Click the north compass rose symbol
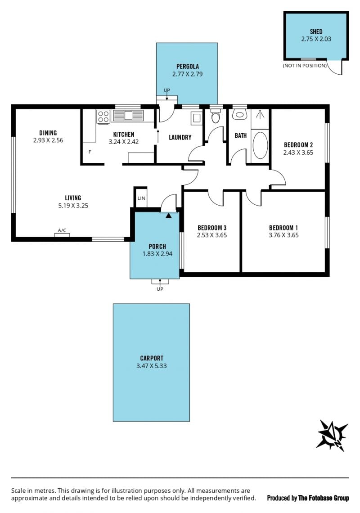pyautogui.click(x=332, y=436)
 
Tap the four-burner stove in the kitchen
pyautogui.click(x=103, y=117)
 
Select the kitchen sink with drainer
pyautogui.click(x=128, y=116)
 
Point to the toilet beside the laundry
pyautogui.click(x=216, y=116)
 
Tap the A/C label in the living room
pyautogui.click(x=62, y=230)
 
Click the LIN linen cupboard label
pyautogui.click(x=141, y=198)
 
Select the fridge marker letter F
pyautogui.click(x=90, y=152)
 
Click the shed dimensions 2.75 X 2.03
pyautogui.click(x=316, y=39)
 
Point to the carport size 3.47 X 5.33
pyautogui.click(x=152, y=366)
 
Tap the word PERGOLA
pyautogui.click(x=188, y=67)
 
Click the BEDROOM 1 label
pyautogui.click(x=283, y=228)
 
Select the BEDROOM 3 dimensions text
pyautogui.click(x=212, y=235)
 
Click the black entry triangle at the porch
pyautogui.click(x=168, y=216)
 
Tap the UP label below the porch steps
pyautogui.click(x=160, y=289)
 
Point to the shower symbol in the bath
pyautogui.click(x=260, y=114)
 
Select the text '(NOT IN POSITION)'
pyautogui.click(x=305, y=65)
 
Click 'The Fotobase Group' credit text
pyautogui.click(x=324, y=498)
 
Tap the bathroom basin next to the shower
pyautogui.click(x=239, y=114)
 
